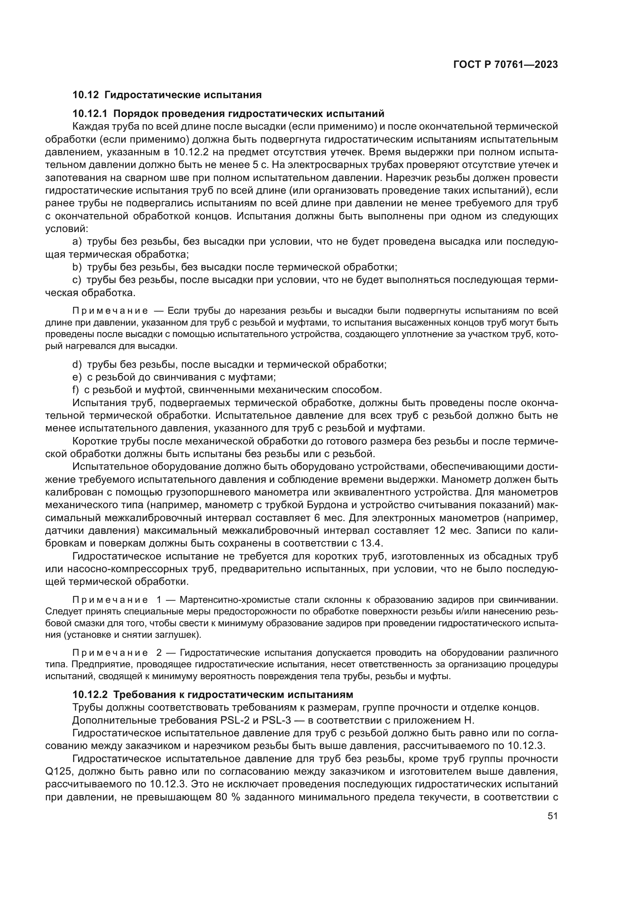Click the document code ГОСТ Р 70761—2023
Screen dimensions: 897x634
(506, 65)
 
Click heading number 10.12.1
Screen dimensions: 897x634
(90, 114)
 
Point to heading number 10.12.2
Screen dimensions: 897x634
(90, 695)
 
